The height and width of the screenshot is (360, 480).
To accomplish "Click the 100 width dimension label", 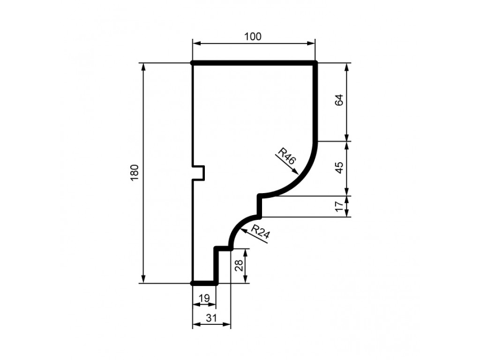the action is (253, 37).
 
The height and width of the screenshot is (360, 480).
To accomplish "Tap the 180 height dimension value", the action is (135, 172).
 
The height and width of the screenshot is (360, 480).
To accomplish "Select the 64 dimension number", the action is (339, 100).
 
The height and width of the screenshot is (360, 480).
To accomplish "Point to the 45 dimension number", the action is (339, 168).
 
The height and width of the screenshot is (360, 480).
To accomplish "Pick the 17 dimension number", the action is (339, 206).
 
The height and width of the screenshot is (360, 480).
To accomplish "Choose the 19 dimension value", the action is (204, 298).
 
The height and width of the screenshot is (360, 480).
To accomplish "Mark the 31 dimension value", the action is (211, 318).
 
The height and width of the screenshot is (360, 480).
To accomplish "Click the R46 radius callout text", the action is (287, 156).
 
